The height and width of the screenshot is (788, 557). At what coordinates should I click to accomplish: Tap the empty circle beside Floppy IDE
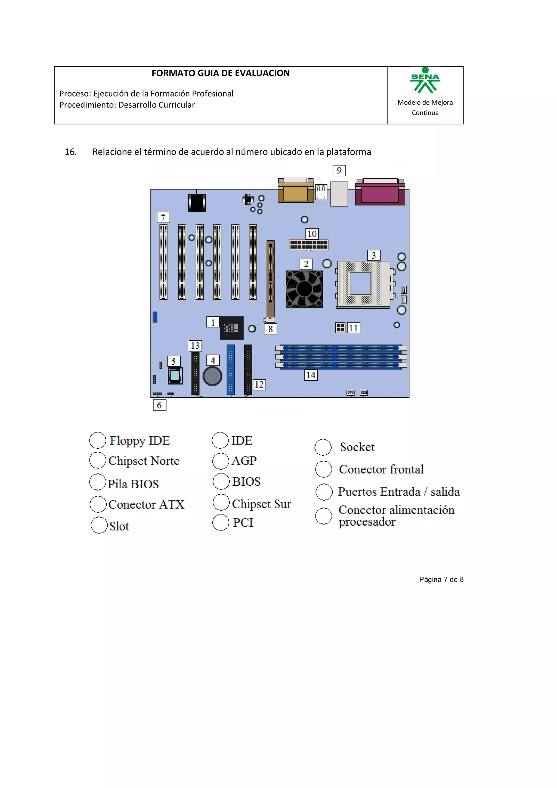coord(97,440)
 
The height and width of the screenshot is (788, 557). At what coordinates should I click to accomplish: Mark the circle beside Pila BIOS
coord(97,482)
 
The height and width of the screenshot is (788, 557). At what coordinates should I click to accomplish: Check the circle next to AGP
coord(220,461)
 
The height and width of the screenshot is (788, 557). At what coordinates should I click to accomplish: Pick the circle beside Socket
coord(323,447)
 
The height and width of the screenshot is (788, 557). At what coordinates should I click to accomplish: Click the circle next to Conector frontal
coord(323,469)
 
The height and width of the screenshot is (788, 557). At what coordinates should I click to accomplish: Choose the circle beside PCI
coord(220,522)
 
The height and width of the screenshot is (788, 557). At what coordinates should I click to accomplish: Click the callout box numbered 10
coord(312,234)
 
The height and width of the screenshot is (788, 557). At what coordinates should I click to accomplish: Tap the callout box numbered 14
coord(311,375)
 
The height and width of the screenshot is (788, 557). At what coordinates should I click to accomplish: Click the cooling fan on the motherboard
coord(304,289)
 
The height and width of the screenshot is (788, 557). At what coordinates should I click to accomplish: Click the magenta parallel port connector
coord(380,194)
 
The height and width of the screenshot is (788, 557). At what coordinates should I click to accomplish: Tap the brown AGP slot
coord(270,279)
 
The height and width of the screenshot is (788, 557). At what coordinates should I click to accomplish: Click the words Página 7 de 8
coord(441,580)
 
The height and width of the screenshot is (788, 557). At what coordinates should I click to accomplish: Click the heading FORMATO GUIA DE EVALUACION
coord(221,73)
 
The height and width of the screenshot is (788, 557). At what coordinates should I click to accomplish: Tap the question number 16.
coord(71,152)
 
